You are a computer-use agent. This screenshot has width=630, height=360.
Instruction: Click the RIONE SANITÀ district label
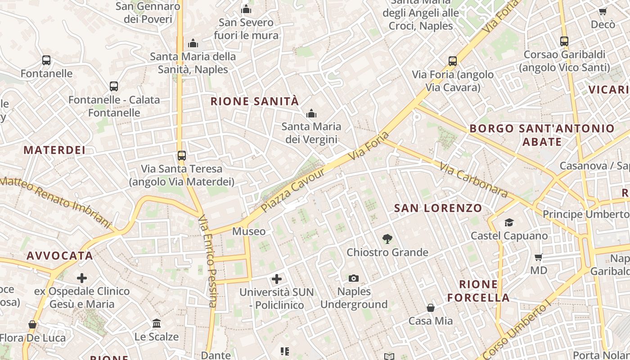click(255, 101)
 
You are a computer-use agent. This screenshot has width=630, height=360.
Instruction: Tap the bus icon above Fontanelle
click(46, 60)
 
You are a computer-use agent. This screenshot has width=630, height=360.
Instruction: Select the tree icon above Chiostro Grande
click(387, 239)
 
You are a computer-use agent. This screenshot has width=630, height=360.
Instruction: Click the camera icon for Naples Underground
click(354, 279)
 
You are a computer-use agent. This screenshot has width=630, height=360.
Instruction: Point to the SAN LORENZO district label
click(438, 208)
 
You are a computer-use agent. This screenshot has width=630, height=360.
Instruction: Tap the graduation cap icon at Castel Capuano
click(509, 222)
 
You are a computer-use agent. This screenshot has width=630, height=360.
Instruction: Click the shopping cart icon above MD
click(539, 257)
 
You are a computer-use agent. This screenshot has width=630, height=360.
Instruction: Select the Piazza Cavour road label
click(293, 191)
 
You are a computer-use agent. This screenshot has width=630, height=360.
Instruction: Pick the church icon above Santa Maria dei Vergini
click(311, 114)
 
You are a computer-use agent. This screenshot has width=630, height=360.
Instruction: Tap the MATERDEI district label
click(54, 150)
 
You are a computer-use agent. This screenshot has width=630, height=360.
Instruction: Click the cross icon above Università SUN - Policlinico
click(277, 279)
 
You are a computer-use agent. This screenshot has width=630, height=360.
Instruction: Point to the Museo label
click(249, 231)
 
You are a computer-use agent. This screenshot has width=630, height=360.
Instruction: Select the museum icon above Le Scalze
click(157, 323)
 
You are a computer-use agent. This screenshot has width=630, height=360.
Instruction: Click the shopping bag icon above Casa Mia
click(431, 308)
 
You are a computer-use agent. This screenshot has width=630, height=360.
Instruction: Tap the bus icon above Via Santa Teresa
click(181, 156)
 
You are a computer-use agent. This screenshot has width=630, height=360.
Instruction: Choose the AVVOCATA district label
click(60, 256)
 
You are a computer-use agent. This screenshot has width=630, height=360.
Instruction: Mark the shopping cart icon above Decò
click(603, 12)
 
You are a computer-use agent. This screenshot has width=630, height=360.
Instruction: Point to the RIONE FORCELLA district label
click(479, 291)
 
